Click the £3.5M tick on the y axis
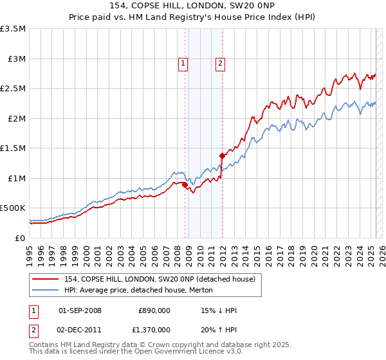(14, 29)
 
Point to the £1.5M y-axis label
(14, 148)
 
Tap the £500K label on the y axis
(13, 208)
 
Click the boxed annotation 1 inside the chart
(183, 63)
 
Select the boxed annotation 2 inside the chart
(220, 63)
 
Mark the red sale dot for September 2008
(185, 185)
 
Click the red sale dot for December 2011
(222, 156)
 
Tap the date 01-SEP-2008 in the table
(80, 310)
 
